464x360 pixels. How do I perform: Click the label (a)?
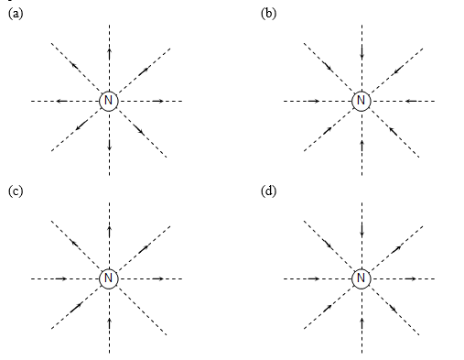click(x=14, y=13)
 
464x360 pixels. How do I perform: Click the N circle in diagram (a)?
click(x=109, y=100)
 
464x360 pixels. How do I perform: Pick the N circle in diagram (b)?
click(x=361, y=100)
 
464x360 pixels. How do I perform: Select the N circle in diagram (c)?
click(x=109, y=277)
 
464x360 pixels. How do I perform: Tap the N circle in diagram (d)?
click(x=361, y=277)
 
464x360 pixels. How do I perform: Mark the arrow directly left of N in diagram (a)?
click(x=60, y=100)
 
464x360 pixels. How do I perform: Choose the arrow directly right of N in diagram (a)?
click(x=157, y=100)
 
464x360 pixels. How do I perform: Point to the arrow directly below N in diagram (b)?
click(x=361, y=144)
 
